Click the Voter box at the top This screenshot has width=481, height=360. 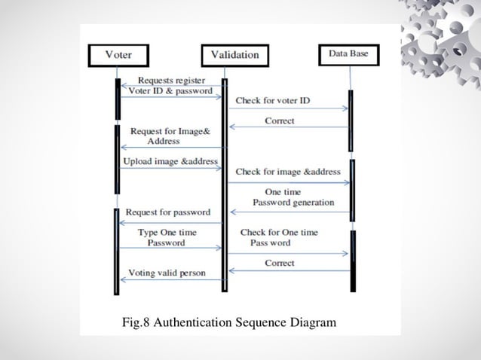[118, 55]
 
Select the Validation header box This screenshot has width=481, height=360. [234, 55]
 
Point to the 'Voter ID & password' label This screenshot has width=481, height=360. [170, 91]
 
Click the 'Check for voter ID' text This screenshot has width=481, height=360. [273, 100]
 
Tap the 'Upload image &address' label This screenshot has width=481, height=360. [170, 161]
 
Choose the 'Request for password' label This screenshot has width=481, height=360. [168, 212]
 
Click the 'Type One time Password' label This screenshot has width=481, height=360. [167, 238]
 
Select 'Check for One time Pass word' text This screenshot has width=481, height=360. [278, 238]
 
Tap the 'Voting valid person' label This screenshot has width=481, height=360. [167, 272]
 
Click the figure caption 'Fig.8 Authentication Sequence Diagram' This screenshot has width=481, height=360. [229, 323]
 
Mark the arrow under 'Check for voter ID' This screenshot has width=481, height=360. [288, 109]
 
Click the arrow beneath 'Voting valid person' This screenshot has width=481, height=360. [172, 280]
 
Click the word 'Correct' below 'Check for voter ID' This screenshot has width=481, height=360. [280, 121]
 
